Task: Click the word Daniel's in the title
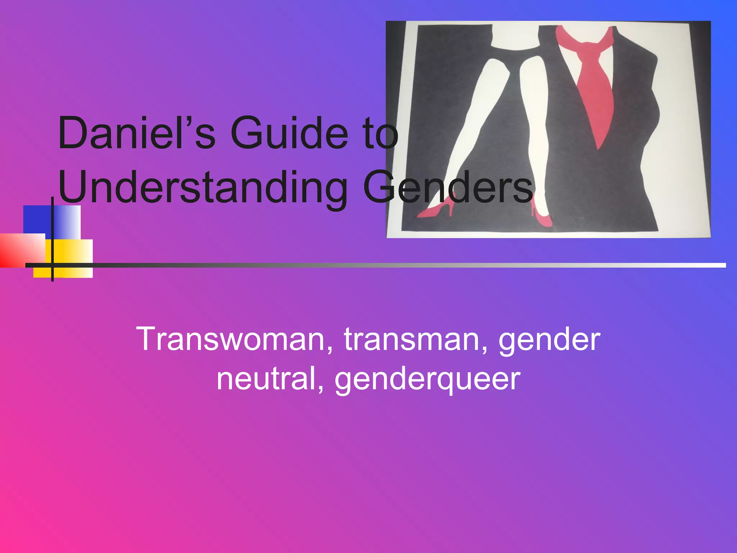(136, 133)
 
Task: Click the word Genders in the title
(448, 187)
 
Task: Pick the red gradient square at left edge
(18, 250)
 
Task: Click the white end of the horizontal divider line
(716, 265)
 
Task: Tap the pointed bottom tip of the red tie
(598, 148)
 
